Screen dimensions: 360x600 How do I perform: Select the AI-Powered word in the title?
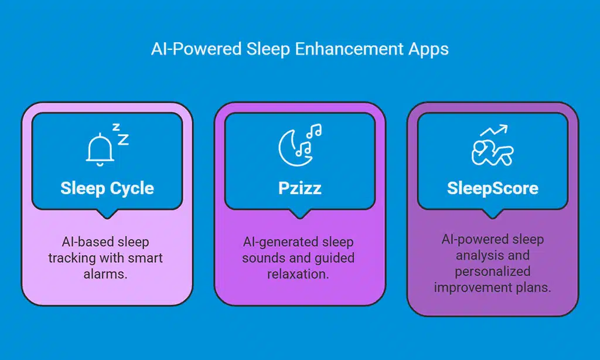(185, 49)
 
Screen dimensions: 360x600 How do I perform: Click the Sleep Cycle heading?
(107, 189)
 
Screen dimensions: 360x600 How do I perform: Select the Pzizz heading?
(299, 189)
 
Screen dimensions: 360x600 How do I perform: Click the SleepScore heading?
(492, 189)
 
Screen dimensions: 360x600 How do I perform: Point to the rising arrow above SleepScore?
(493, 130)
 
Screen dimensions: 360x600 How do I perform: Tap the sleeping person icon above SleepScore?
(492, 152)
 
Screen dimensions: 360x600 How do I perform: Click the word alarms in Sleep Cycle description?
(107, 274)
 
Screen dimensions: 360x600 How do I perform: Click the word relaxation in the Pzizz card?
(300, 274)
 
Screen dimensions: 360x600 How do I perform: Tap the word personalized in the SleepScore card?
(492, 271)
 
